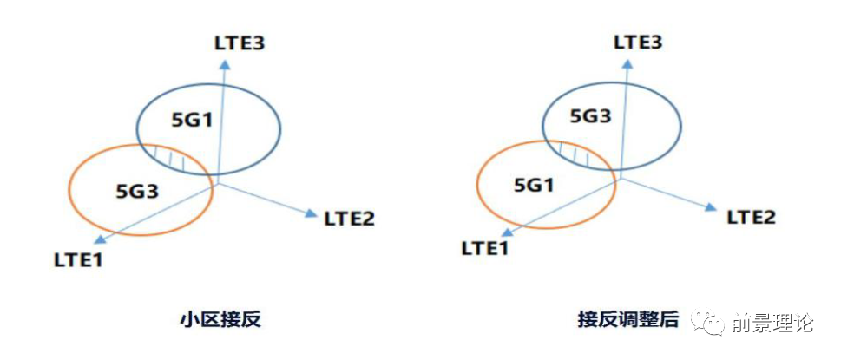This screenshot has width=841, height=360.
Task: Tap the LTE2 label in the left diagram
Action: (x=349, y=219)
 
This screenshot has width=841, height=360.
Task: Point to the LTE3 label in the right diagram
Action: (x=638, y=42)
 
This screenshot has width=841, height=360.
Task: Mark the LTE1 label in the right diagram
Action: (x=485, y=249)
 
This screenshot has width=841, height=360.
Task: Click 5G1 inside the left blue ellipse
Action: (x=192, y=118)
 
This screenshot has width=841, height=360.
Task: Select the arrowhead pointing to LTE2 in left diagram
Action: (x=311, y=211)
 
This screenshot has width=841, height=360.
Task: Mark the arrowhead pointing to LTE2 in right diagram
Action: (x=711, y=207)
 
